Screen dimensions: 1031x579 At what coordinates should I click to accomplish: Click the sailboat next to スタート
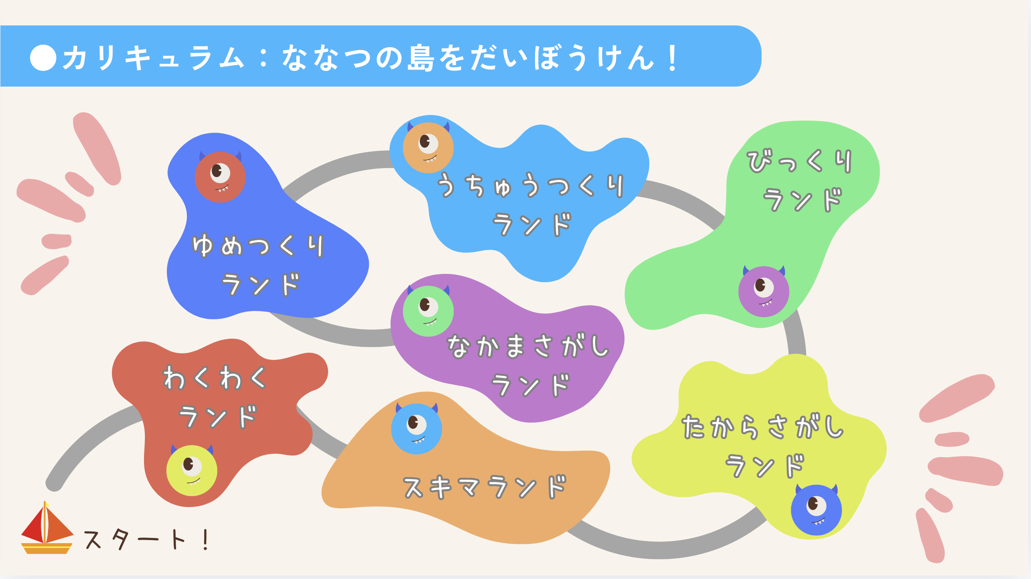point(47,528)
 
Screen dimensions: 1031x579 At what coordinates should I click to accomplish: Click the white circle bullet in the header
point(43,57)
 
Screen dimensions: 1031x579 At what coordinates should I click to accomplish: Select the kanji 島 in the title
point(420,57)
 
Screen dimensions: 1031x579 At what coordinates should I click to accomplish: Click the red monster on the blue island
point(220,176)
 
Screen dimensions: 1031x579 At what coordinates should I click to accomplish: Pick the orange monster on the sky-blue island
point(428,147)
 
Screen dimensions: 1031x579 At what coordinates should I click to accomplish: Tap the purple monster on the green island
point(764,291)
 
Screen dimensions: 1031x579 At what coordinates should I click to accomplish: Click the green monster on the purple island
point(428,310)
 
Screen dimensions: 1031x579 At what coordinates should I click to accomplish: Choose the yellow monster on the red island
point(192,470)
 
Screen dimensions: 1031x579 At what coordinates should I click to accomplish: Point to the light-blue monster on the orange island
point(416,428)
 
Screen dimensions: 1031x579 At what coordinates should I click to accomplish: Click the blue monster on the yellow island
point(816,509)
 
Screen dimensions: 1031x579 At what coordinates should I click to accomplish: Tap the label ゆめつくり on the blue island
point(258,246)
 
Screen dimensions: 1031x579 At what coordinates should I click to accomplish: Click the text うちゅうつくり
point(531,185)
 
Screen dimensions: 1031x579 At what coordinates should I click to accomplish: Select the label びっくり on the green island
point(800,162)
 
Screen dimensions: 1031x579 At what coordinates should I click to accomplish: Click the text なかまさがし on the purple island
point(528,346)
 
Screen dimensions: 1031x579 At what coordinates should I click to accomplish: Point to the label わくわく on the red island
point(215,378)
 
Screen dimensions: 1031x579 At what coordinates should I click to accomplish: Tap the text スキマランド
point(485,487)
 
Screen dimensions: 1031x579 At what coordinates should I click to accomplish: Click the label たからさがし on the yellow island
point(763,427)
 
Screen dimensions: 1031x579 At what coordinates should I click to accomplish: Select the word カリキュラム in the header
point(154,58)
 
